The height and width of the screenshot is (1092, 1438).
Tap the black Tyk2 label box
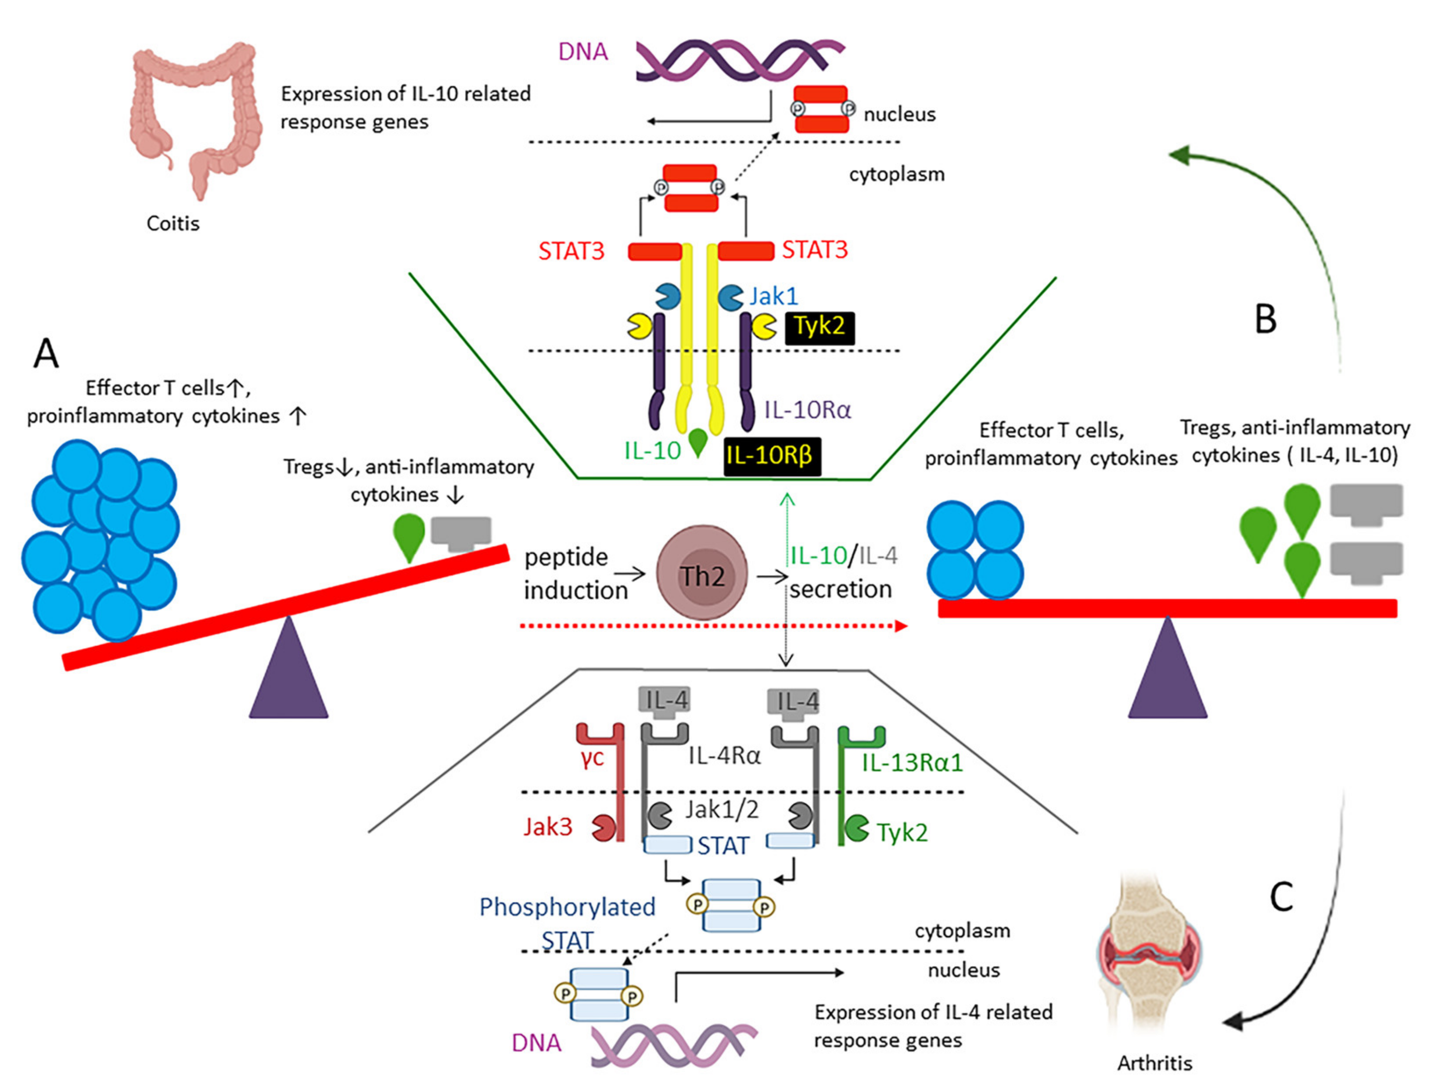[819, 327]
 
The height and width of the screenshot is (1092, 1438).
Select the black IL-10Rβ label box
[772, 456]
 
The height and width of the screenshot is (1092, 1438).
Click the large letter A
[46, 354]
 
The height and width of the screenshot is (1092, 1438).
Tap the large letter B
[1265, 319]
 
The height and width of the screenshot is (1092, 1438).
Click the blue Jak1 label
[773, 296]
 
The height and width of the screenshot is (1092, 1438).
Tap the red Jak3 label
[548, 827]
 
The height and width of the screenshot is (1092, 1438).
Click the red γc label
[592, 758]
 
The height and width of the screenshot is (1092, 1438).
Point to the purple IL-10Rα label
[807, 410]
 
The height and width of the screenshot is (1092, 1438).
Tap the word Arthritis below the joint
[1154, 1063]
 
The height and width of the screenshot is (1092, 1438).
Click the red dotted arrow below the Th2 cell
[713, 626]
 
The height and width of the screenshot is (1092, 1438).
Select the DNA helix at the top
[740, 61]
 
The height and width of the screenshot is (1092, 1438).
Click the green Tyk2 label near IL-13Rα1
[902, 833]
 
